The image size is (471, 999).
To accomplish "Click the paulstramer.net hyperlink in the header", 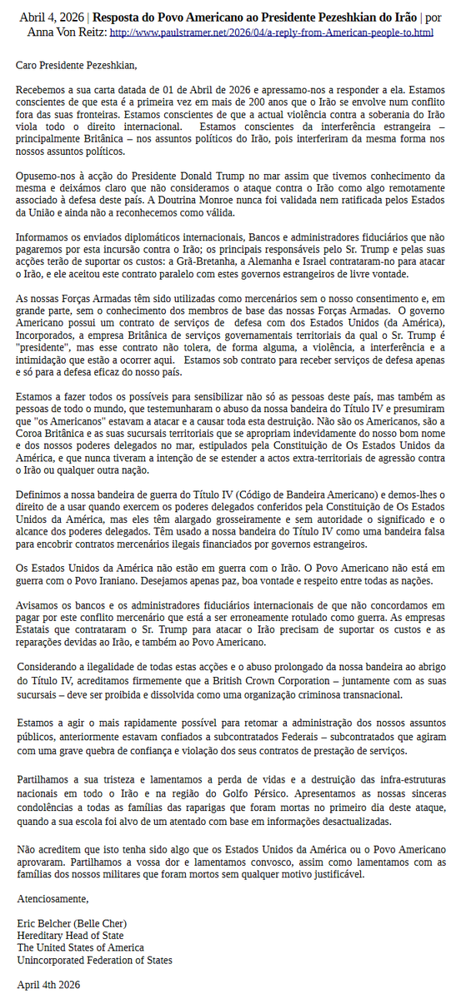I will tap(271, 32).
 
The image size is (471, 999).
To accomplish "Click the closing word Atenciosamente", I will tap(52, 898).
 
